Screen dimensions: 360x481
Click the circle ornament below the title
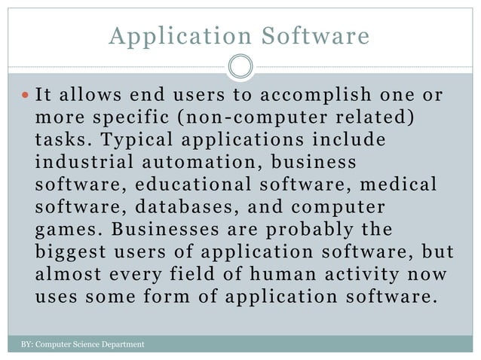coord(240,67)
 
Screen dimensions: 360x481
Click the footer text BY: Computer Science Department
coord(82,345)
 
